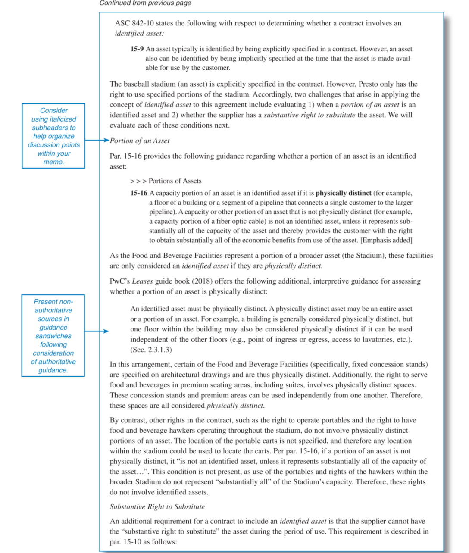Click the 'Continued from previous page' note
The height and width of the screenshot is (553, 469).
coord(145,3)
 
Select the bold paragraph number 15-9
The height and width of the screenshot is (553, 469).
coord(137,49)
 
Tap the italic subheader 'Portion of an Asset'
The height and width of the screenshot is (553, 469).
coord(140,141)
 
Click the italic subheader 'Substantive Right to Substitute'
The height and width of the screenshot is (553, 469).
coord(157,507)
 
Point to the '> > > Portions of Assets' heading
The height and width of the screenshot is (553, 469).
coord(166,181)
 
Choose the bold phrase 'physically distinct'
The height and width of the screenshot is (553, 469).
coord(343,193)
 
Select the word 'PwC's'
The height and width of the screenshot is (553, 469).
coord(120,281)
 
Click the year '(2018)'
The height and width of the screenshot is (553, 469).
coord(203,281)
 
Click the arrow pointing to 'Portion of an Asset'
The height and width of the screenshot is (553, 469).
coord(97,140)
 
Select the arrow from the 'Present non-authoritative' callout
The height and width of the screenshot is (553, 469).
coord(97,331)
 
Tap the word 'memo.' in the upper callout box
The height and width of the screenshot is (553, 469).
coord(53,162)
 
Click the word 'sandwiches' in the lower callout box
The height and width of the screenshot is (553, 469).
coord(53,336)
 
